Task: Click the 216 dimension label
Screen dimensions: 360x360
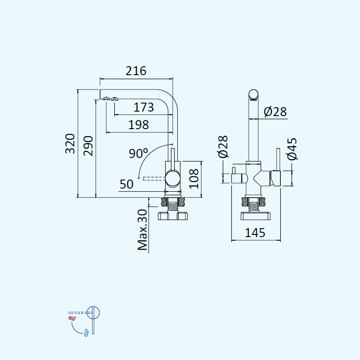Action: [x=136, y=71]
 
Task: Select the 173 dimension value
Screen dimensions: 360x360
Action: [x=144, y=107]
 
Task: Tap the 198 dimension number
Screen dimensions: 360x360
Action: [x=139, y=125]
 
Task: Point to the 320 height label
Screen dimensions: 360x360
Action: [x=70, y=144]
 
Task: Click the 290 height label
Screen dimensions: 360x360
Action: [x=88, y=146]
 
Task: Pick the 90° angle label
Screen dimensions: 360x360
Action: [x=139, y=153]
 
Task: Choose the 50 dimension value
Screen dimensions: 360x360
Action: [x=126, y=184]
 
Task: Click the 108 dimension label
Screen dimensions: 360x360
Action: [x=194, y=179]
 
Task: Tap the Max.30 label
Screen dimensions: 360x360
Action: [x=142, y=229]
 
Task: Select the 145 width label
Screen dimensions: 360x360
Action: [x=255, y=233]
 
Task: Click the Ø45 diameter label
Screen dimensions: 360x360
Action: [x=292, y=149]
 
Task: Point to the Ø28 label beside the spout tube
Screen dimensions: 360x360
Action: [x=275, y=112]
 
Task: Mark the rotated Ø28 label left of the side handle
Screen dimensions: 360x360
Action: [x=223, y=147]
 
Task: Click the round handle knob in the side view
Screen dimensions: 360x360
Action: [x=173, y=178]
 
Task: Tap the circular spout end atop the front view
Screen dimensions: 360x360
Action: [x=253, y=95]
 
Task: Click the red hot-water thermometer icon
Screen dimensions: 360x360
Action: [x=72, y=318]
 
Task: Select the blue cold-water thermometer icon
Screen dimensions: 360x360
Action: [x=86, y=333]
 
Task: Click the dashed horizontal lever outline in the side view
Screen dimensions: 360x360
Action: [x=154, y=178]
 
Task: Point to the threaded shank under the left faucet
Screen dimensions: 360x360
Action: [x=173, y=205]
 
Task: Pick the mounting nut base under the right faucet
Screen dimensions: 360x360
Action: [x=256, y=216]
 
